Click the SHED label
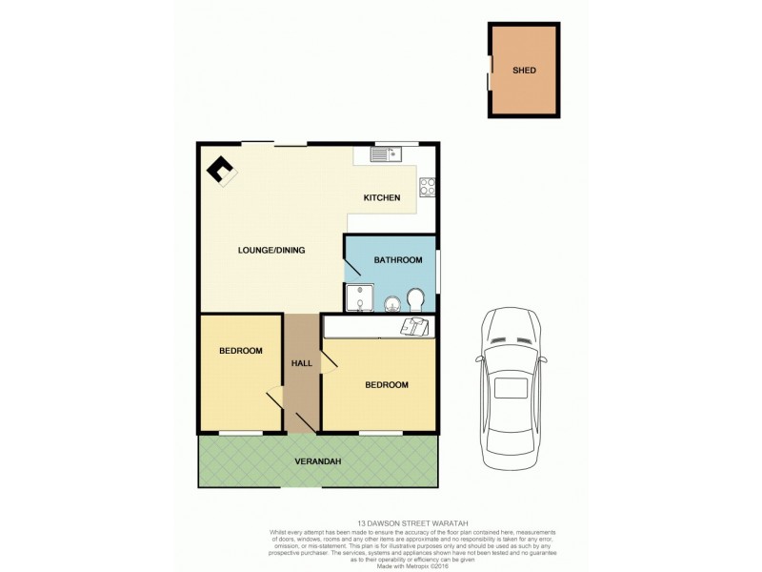[x=523, y=71]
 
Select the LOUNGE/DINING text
[x=271, y=251]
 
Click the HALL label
[x=302, y=362]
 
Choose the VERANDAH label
[x=318, y=461]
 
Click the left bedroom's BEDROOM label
[x=240, y=351]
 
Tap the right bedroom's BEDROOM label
[x=387, y=385]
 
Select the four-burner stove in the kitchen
[x=428, y=188]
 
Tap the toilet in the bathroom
[x=416, y=301]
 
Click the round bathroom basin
[x=392, y=304]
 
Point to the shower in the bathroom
[x=358, y=297]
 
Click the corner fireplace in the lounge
[x=223, y=171]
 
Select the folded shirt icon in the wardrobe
[x=413, y=327]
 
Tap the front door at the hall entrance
[x=306, y=422]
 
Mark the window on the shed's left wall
[x=491, y=71]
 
